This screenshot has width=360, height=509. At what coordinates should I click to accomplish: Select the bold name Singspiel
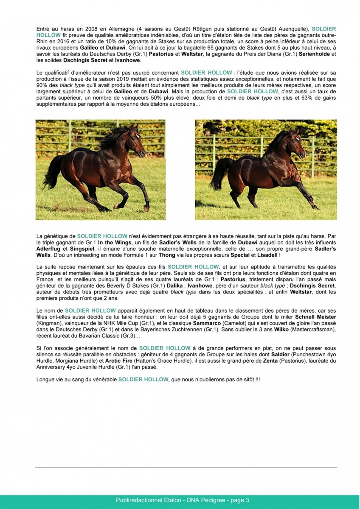81,249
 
